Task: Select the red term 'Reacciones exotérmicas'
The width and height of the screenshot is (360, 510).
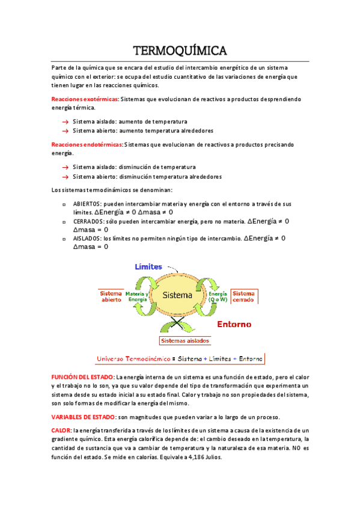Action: coord(85,99)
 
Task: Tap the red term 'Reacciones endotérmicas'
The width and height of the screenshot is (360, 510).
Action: coord(87,144)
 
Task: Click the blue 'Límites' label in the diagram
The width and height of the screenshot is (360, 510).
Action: coord(148,266)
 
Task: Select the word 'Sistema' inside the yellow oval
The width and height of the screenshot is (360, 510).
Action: coord(178,295)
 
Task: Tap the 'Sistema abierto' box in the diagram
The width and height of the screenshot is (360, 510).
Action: coord(111,296)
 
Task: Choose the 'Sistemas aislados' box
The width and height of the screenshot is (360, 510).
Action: coord(185,340)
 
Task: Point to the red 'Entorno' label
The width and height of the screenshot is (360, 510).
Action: coord(234,324)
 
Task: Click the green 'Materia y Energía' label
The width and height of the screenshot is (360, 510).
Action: coord(138,296)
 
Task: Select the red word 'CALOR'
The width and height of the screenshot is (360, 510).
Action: coord(61,431)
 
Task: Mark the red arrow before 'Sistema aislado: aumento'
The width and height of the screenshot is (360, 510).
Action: coord(64,121)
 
